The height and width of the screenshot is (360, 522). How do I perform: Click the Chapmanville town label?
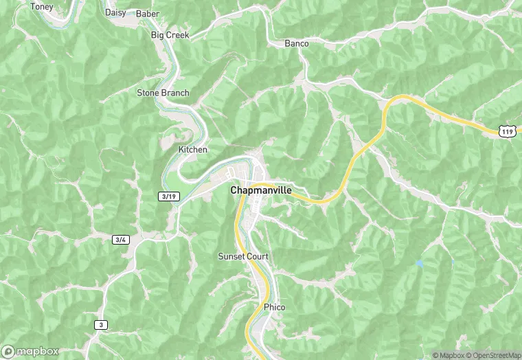pyautogui.click(x=260, y=190)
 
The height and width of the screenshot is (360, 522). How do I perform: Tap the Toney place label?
pyautogui.click(x=42, y=6)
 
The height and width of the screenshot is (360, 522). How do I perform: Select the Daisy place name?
pyautogui.click(x=115, y=12)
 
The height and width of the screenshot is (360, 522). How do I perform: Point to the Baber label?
pyautogui.click(x=147, y=13)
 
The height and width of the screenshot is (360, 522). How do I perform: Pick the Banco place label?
pyautogui.click(x=297, y=43)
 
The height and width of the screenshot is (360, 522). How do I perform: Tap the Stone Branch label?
pyautogui.click(x=163, y=93)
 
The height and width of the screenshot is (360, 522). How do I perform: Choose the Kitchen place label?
pyautogui.click(x=192, y=149)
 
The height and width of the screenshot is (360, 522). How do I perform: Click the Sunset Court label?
pyautogui.click(x=242, y=256)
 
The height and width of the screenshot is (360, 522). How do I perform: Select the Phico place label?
pyautogui.click(x=274, y=307)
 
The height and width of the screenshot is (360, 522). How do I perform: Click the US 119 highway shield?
pyautogui.click(x=507, y=129)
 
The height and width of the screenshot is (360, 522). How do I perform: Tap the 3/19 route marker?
pyautogui.click(x=168, y=196)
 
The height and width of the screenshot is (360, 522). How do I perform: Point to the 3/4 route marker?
pyautogui.click(x=121, y=240)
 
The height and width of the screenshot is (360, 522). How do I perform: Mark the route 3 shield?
pyautogui.click(x=102, y=324)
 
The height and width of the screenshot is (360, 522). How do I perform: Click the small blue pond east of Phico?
pyautogui.click(x=419, y=263)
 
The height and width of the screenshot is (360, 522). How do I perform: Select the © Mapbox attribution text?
pyautogui.click(x=449, y=355)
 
